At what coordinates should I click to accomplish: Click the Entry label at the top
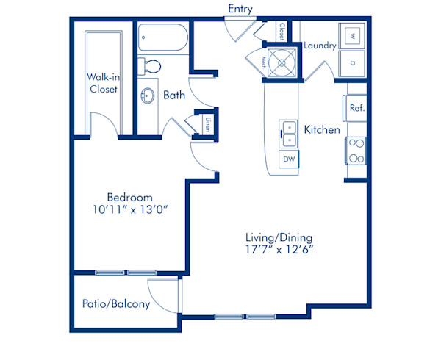coord(240,9)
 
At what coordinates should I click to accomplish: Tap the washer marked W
coord(351,35)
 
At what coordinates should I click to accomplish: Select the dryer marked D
coord(351,62)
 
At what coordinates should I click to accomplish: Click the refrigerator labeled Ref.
coord(357,108)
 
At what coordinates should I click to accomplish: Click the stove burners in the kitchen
coord(356,151)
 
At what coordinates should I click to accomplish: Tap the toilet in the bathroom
coord(151,65)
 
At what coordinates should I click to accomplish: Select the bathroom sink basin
coord(147,96)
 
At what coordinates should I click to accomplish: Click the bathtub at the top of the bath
coord(162,36)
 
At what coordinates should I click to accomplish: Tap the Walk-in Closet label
coord(104,82)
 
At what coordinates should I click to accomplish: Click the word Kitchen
coord(322,130)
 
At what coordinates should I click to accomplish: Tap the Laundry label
coord(319,46)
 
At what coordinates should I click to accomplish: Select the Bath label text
coord(174,95)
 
